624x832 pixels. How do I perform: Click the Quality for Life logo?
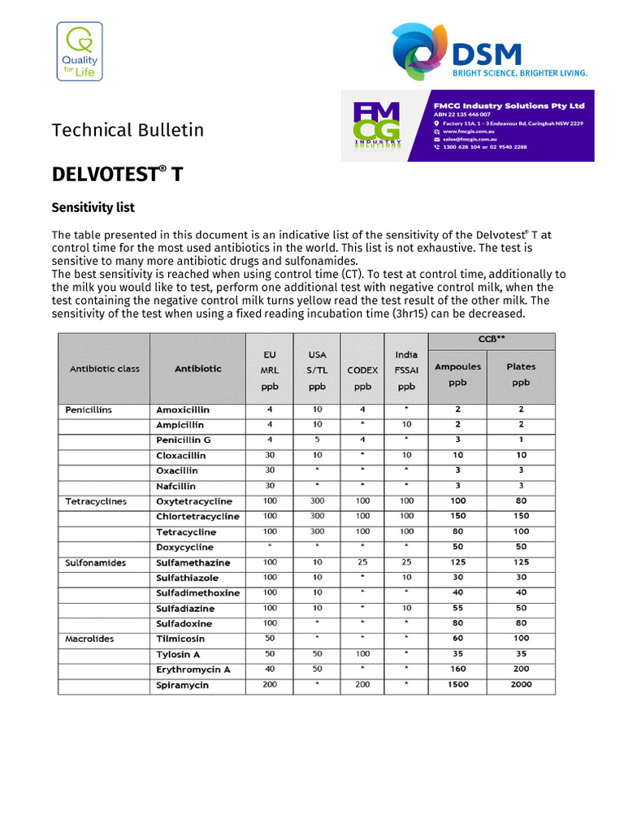click(x=79, y=52)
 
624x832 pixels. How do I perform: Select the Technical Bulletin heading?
click(x=128, y=130)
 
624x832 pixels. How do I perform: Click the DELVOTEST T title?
click(x=117, y=175)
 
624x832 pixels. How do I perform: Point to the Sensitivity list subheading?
click(x=93, y=208)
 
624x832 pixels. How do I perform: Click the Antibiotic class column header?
click(x=104, y=368)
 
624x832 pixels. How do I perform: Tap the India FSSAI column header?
click(x=406, y=370)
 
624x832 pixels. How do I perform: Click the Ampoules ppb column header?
click(x=457, y=374)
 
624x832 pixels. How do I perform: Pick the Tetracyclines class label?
click(x=96, y=501)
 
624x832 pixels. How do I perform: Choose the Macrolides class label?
click(x=89, y=639)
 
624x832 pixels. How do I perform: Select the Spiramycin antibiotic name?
click(x=182, y=685)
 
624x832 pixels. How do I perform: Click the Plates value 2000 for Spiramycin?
click(x=521, y=684)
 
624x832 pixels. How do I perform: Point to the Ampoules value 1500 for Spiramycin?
click(x=457, y=684)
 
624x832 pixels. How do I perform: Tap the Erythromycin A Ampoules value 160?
click(x=457, y=669)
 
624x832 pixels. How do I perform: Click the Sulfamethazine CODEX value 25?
click(x=362, y=562)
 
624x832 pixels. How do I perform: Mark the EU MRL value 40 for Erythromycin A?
click(x=270, y=669)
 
